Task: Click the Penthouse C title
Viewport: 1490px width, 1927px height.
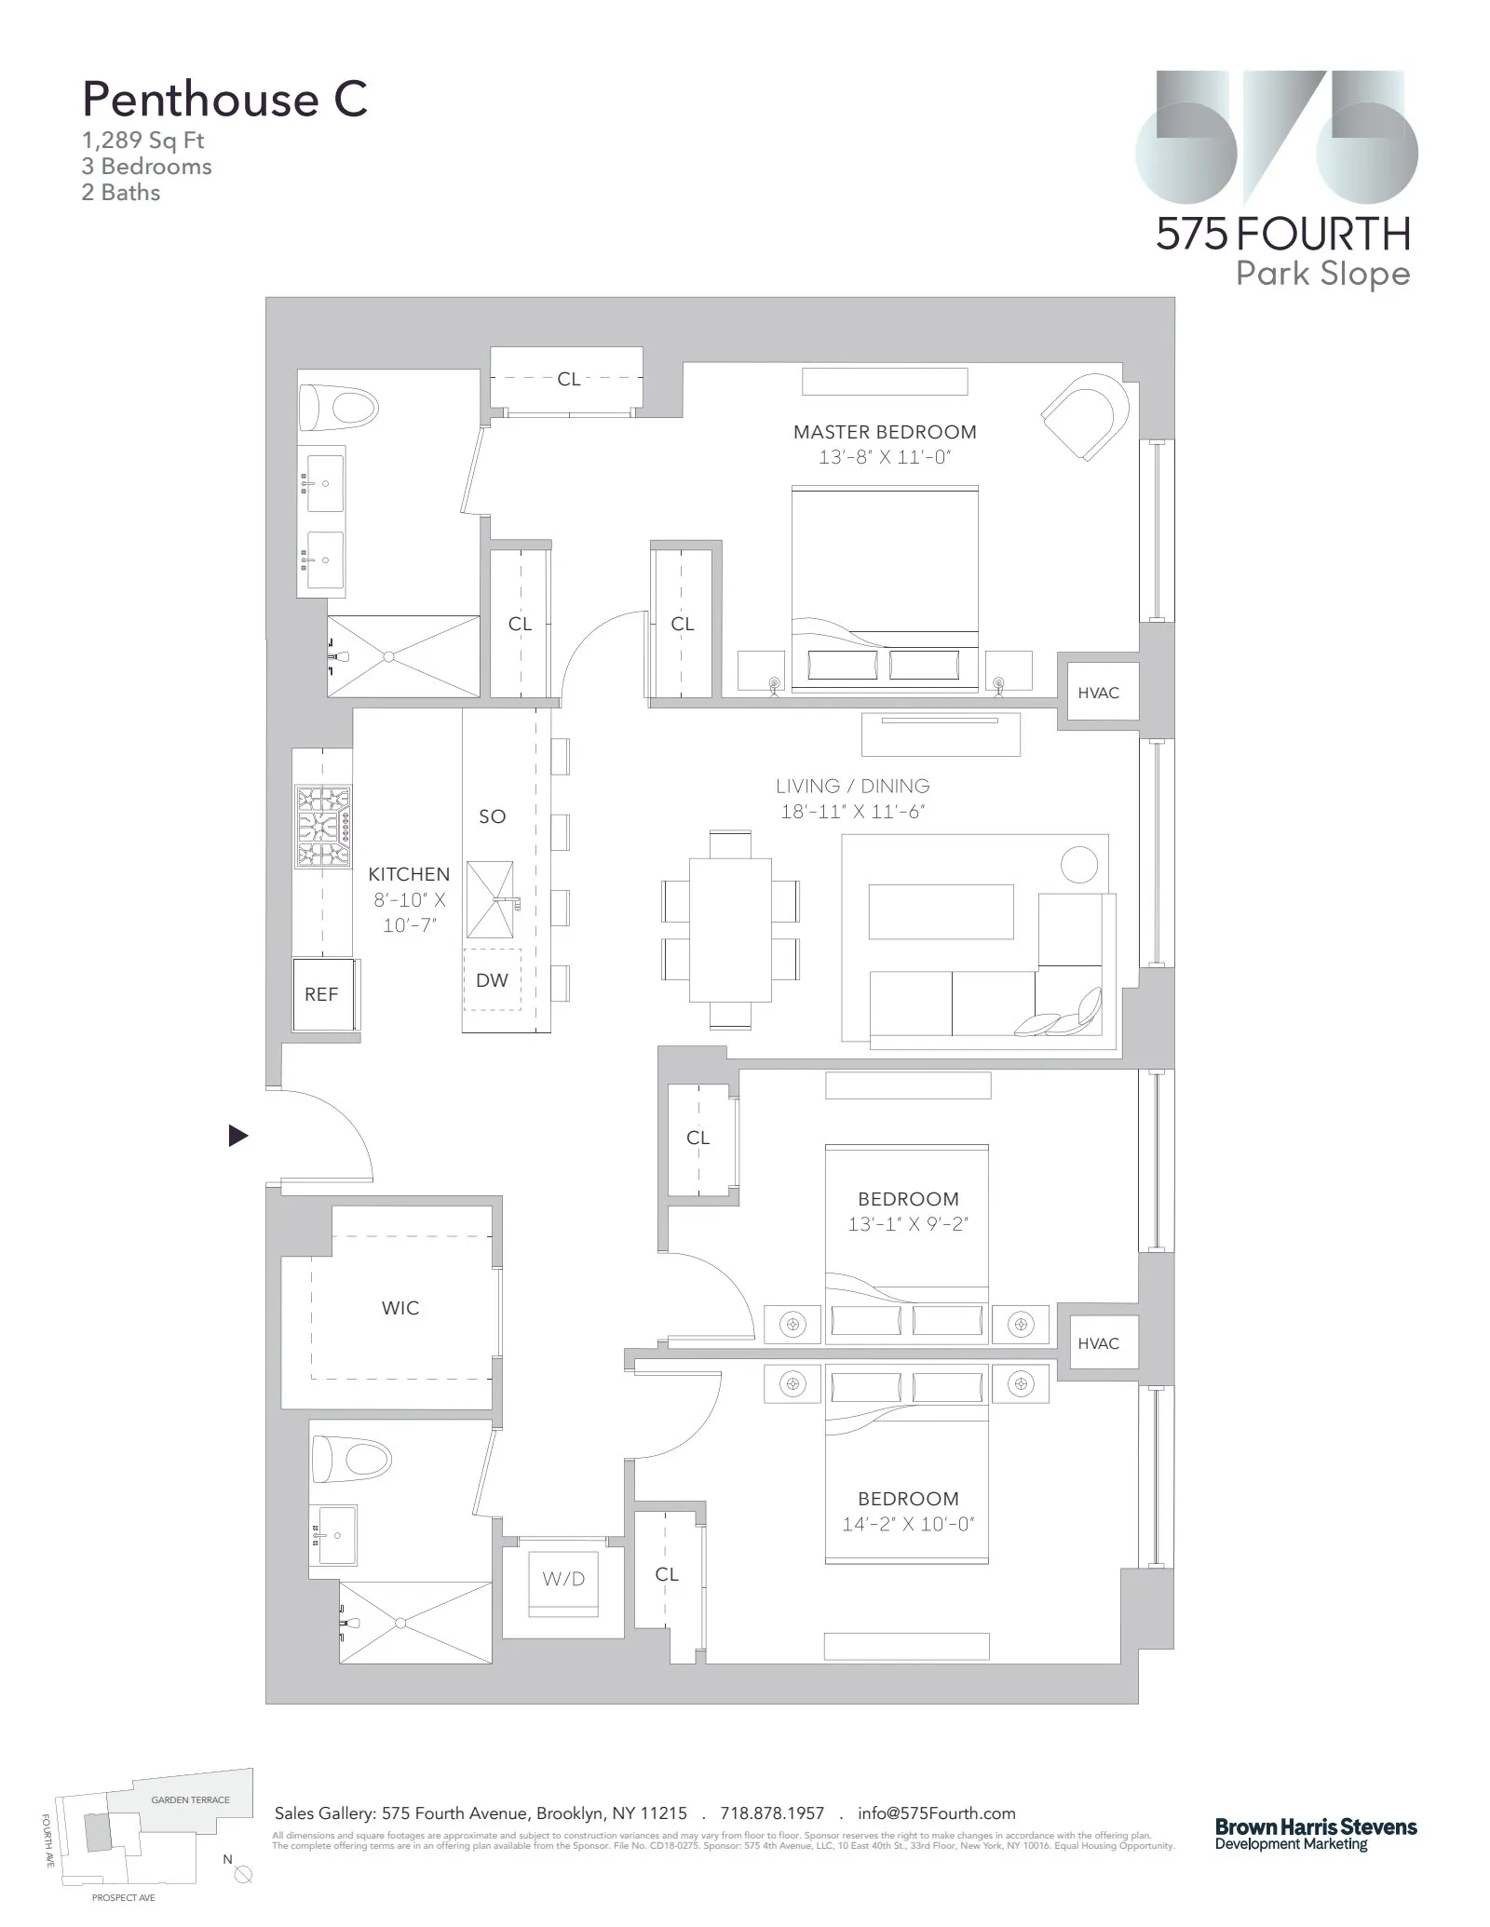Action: click(x=224, y=100)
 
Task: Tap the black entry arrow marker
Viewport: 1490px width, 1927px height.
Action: click(x=238, y=1136)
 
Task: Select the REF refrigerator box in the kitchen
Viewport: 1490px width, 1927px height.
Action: click(x=321, y=994)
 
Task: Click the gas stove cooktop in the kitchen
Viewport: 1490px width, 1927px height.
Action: click(x=323, y=826)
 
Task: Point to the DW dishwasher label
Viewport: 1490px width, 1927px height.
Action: click(x=492, y=980)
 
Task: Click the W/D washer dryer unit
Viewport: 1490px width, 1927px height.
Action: click(x=563, y=1579)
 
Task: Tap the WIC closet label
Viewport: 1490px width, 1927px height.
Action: click(x=400, y=1308)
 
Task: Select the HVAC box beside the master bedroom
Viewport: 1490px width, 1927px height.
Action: click(x=1098, y=693)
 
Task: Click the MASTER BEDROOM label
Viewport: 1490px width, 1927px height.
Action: click(x=885, y=432)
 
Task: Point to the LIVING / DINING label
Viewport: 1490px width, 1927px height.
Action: click(x=852, y=787)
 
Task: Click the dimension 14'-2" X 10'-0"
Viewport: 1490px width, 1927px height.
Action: click(x=908, y=1525)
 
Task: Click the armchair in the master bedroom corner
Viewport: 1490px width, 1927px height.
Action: click(x=1086, y=415)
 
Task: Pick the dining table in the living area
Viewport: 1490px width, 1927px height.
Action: click(x=730, y=929)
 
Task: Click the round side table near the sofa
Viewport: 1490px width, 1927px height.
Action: click(x=1079, y=865)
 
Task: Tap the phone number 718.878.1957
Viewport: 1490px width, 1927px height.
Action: click(x=772, y=1812)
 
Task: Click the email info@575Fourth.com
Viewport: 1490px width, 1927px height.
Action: click(x=936, y=1812)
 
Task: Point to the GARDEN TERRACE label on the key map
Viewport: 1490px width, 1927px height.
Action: click(x=190, y=1799)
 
